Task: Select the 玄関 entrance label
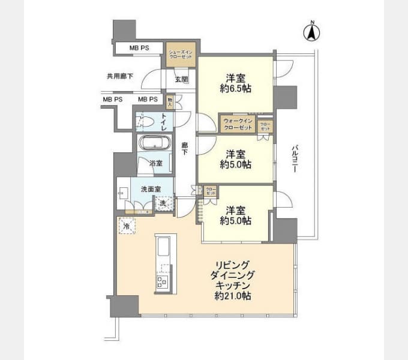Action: pos(181,79)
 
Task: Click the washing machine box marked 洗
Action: pos(164,203)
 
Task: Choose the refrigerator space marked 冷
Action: pos(126,226)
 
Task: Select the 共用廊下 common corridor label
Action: pos(119,76)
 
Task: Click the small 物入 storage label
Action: pos(170,103)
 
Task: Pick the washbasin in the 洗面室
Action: pos(124,193)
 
